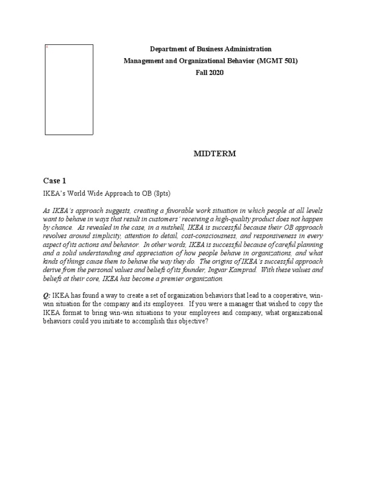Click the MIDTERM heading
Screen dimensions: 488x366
(x=214, y=154)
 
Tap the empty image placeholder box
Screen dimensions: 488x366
(x=69, y=90)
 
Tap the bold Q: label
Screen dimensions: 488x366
(x=47, y=295)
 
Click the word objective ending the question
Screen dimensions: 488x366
(x=193, y=321)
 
